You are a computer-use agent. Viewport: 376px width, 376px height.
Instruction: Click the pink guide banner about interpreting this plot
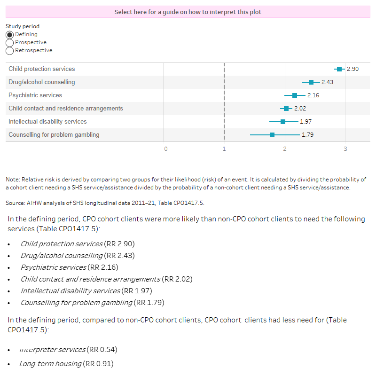(x=188, y=12)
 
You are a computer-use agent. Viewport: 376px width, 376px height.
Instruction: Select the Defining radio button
(x=9, y=35)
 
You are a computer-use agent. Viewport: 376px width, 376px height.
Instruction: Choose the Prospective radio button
(x=9, y=43)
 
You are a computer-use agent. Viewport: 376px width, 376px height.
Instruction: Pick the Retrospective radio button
(x=9, y=51)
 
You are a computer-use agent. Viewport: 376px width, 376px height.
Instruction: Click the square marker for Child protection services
(x=339, y=69)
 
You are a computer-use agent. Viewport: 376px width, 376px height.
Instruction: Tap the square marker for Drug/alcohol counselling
(x=311, y=82)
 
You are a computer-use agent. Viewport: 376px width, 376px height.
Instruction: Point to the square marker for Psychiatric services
(x=295, y=95)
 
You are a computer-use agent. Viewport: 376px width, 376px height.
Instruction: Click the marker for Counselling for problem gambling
(x=272, y=135)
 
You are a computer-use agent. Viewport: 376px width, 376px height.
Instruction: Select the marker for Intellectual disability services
(x=283, y=122)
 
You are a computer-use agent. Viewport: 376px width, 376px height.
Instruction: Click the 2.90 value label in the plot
(x=352, y=69)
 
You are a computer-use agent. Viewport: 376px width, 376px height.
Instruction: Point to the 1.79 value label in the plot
(x=307, y=135)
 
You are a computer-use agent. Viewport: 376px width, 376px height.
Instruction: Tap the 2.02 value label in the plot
(x=300, y=109)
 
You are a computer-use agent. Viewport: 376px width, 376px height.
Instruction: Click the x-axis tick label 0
(x=165, y=149)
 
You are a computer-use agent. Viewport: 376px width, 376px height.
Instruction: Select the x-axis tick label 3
(x=345, y=149)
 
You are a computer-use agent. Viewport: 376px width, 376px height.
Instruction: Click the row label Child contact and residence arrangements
(x=66, y=109)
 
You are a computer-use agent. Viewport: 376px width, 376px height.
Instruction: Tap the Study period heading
(x=23, y=27)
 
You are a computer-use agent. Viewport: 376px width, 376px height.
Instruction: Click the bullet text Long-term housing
(x=50, y=364)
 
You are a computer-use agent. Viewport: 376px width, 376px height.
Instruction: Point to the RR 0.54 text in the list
(x=102, y=350)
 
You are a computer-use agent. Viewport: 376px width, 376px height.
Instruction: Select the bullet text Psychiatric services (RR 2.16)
(x=69, y=267)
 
